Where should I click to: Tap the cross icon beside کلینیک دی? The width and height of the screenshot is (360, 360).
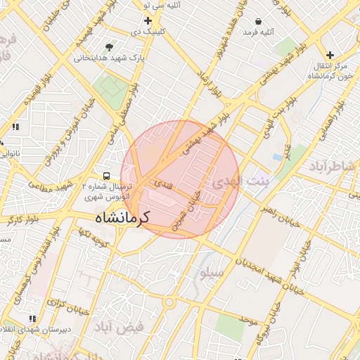pos(148,20)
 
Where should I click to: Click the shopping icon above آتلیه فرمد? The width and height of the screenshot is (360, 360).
pos(259,21)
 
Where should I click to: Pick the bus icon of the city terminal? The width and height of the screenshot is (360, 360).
pos(106,175)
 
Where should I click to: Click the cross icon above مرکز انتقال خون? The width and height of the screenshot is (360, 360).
pos(330,55)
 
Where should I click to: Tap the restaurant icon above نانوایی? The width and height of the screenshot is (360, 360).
pos(14,127)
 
